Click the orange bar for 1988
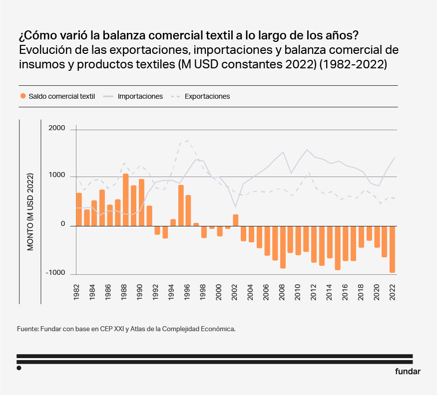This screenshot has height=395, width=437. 126,199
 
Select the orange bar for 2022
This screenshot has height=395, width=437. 393,249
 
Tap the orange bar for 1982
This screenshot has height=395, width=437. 79,209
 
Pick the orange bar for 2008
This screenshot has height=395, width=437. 283,247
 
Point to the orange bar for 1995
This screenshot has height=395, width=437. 181,205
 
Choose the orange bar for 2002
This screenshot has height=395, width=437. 236,220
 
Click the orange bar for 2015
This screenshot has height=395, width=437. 338,247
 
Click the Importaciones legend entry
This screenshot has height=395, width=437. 140,96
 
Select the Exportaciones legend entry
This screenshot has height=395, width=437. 207,96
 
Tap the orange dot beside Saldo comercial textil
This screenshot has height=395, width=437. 22,96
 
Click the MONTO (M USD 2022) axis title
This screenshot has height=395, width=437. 30,211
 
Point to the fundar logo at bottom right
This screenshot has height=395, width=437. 408,371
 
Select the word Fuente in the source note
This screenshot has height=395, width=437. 27,329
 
